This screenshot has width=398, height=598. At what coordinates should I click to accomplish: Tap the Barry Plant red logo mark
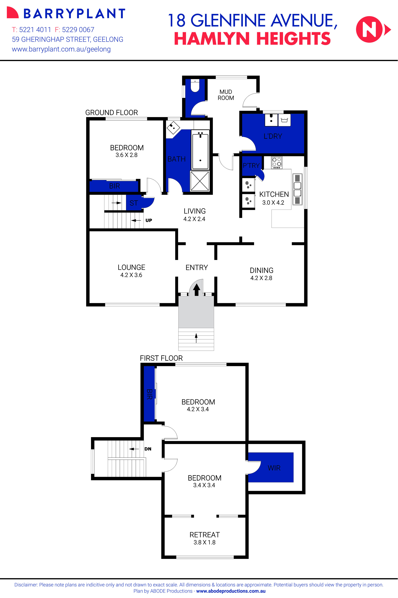click(13, 13)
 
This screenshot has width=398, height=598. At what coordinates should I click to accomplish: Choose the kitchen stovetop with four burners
click(276, 163)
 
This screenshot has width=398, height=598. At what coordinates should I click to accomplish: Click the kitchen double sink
click(297, 189)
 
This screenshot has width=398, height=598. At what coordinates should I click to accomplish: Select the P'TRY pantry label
click(251, 166)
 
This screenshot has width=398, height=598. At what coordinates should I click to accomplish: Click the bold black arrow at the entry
click(197, 290)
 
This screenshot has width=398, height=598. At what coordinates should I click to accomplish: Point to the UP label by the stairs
click(149, 220)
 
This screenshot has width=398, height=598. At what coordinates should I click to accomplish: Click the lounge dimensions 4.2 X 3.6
click(131, 275)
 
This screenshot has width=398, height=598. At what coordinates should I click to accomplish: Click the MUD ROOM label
click(226, 95)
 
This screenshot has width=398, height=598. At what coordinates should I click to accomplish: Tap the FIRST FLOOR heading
click(161, 358)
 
